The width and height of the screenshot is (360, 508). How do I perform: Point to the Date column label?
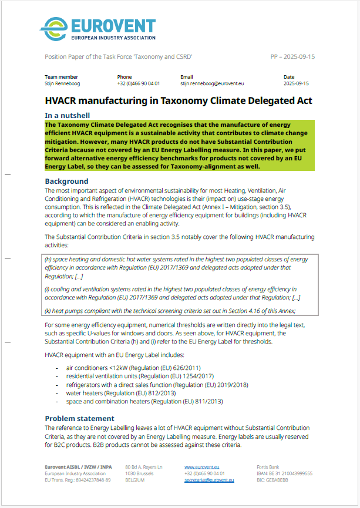(x=289, y=77)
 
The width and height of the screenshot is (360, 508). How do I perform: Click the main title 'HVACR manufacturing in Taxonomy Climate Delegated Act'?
(x=179, y=101)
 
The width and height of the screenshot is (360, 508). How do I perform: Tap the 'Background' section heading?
(x=67, y=181)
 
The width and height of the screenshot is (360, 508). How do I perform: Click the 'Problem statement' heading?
(x=80, y=419)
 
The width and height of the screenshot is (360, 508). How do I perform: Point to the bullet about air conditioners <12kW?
(x=126, y=368)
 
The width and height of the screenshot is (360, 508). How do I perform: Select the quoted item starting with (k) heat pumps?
(x=170, y=311)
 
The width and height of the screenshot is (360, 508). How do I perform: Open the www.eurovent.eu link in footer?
(x=201, y=467)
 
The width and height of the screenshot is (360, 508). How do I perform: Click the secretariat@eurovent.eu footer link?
(x=209, y=480)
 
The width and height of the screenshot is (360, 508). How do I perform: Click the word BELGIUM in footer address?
(x=136, y=480)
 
